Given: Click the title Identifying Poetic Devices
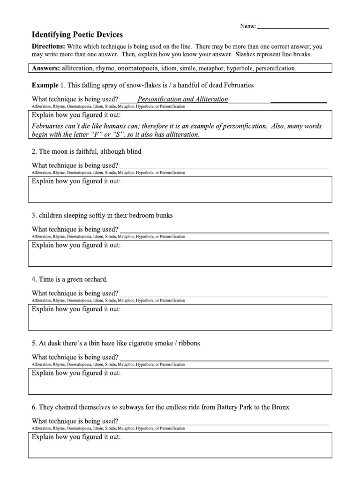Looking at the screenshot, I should (77, 35).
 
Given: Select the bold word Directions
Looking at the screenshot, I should (48, 47).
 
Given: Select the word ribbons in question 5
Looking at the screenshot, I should (187, 343).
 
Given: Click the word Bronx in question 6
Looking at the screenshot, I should (280, 407).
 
